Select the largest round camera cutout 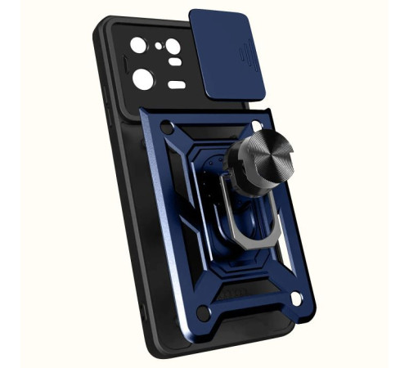coord(143,79)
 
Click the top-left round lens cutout coord(138,45)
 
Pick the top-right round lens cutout coord(173,47)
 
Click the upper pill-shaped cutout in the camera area coord(175,62)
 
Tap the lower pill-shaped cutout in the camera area coord(177,84)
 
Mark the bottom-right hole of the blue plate coord(295,299)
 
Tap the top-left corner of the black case coord(103,25)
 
